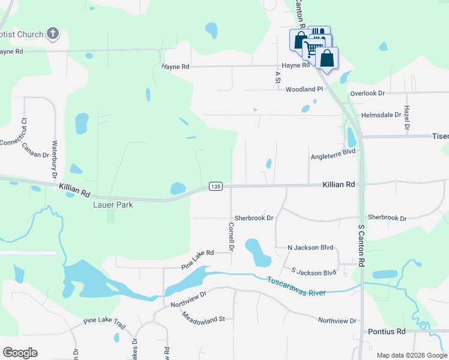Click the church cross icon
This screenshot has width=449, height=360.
coord(53,34)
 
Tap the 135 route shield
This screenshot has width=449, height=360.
coord(216,187)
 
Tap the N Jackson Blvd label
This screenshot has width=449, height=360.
coord(310,247)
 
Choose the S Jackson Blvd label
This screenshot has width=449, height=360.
coord(314,272)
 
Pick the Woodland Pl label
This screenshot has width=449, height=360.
coord(304,89)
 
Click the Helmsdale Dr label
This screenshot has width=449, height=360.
coord(381,115)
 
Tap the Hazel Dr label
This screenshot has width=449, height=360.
coord(406,118)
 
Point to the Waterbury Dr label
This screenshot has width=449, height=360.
coord(54,157)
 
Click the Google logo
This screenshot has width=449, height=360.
coord(20,353)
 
